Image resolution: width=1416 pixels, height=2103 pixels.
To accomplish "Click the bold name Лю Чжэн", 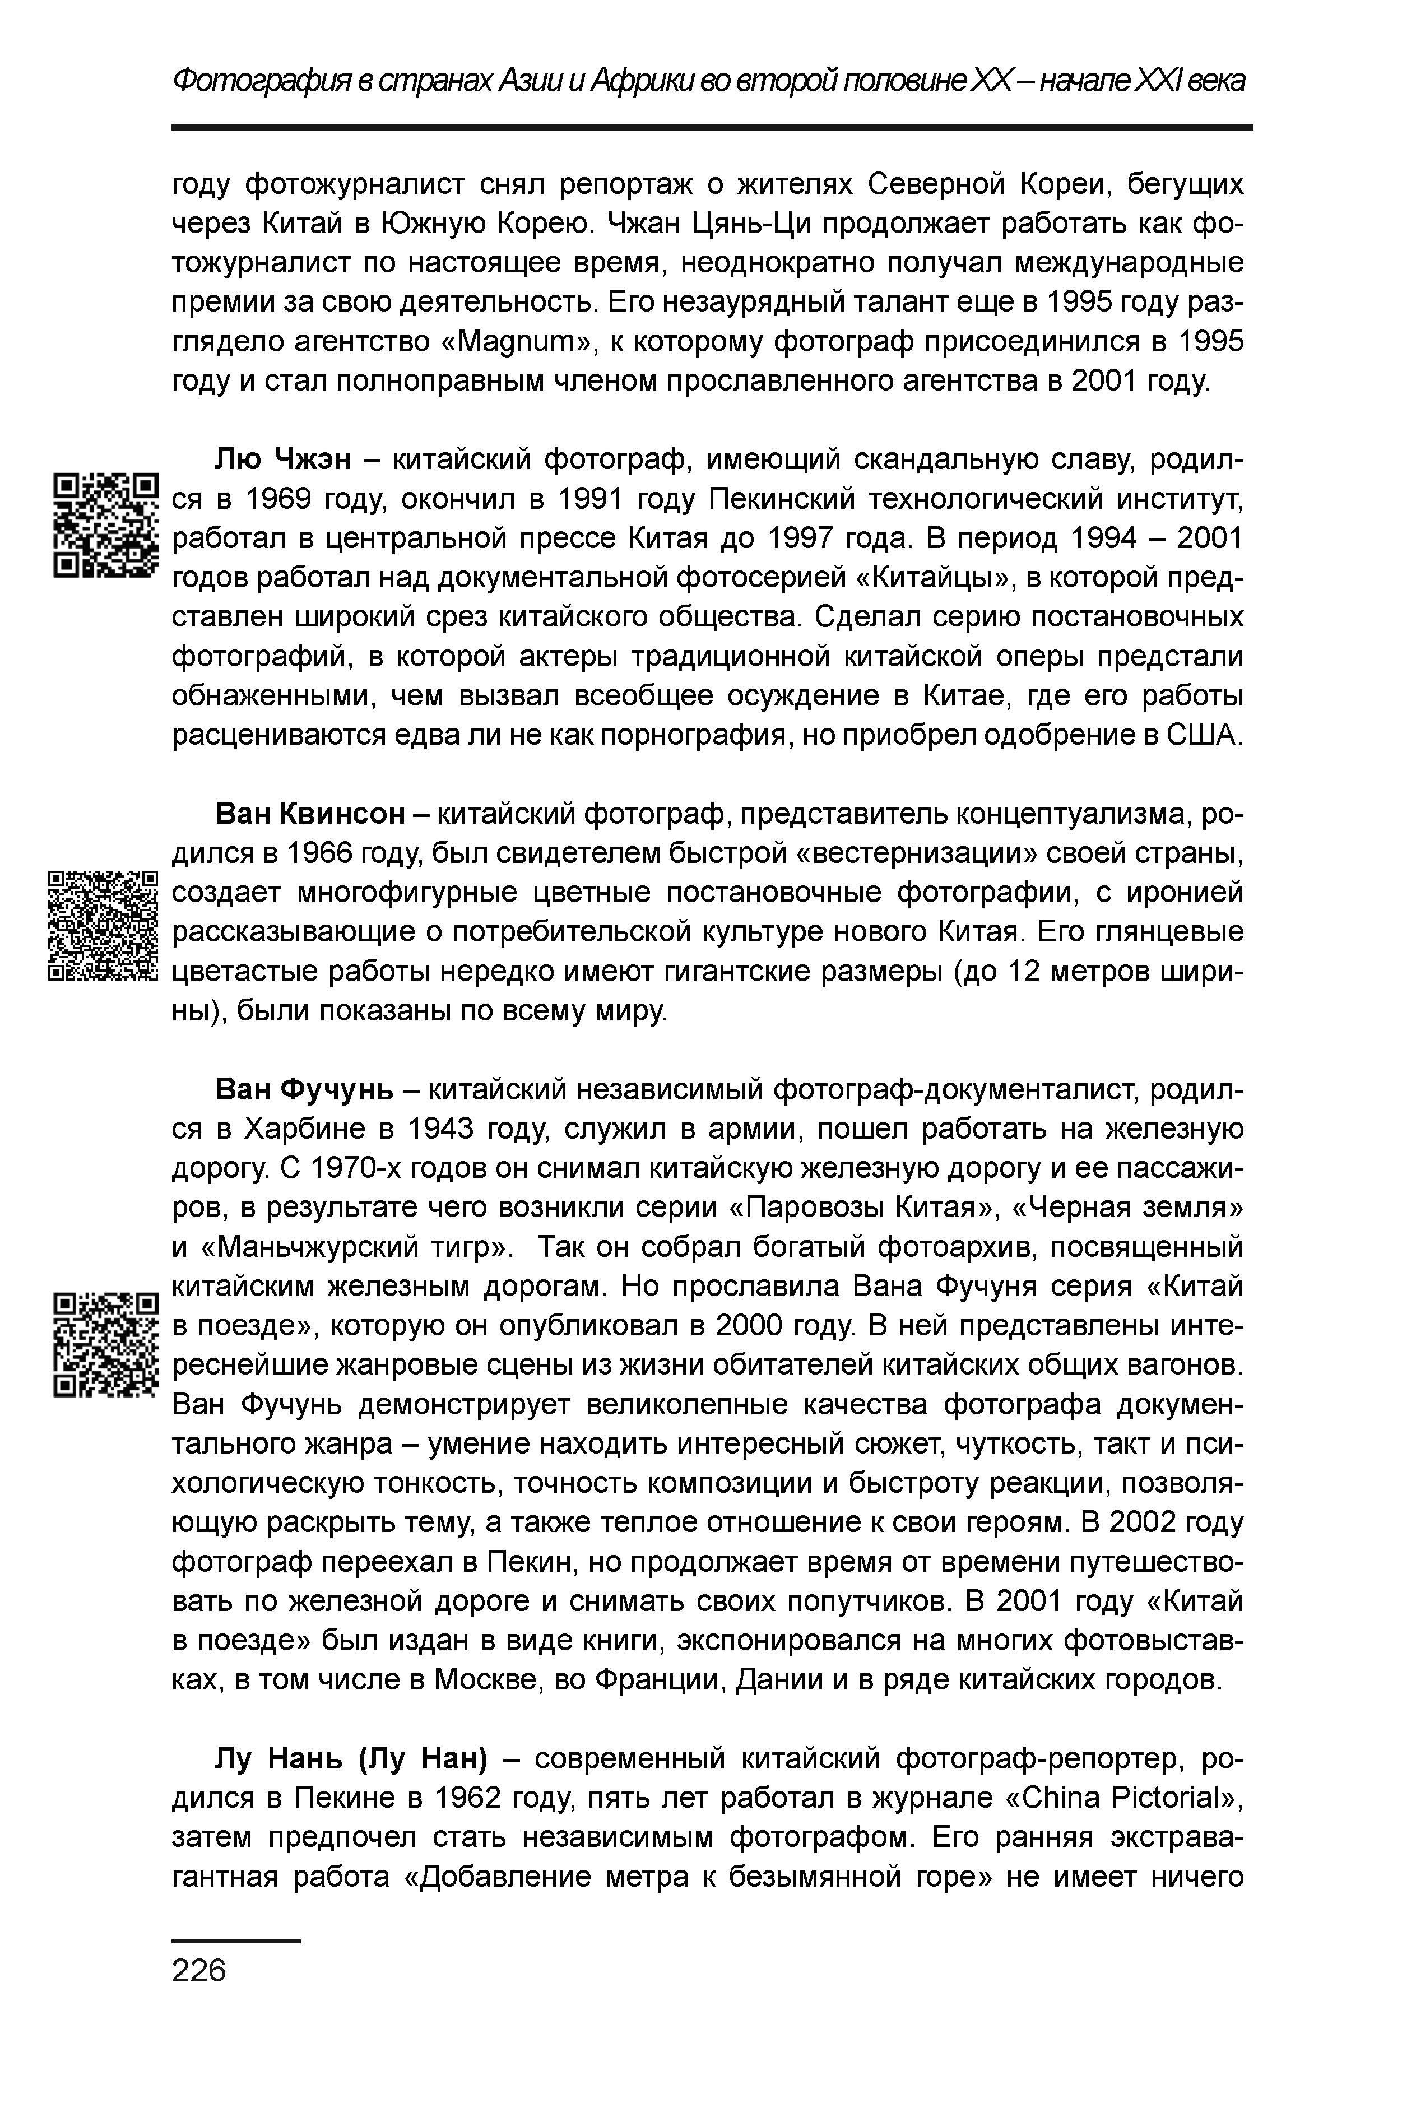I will (282, 459).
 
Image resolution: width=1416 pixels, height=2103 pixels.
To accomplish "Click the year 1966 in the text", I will (320, 853).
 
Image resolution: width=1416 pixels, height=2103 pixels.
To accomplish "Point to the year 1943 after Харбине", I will (440, 1130).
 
